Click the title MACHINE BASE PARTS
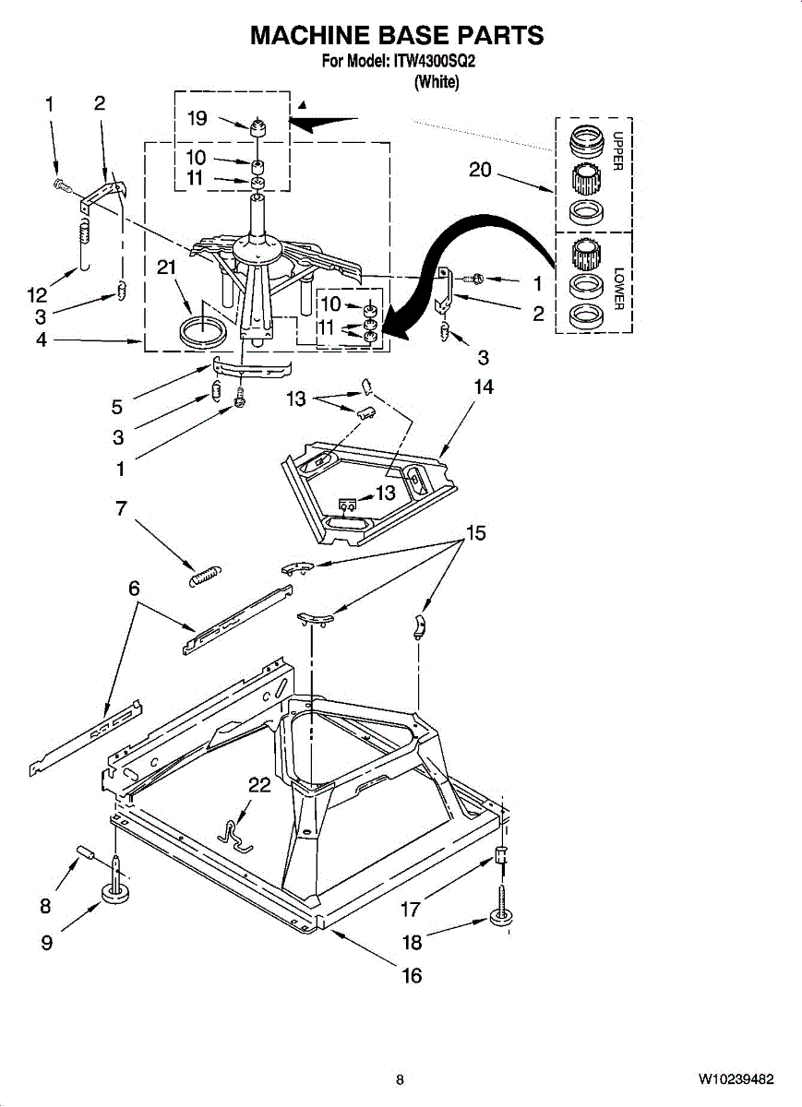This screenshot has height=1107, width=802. click(x=398, y=36)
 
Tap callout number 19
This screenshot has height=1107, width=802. click(x=198, y=118)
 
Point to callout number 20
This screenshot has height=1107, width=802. click(x=481, y=171)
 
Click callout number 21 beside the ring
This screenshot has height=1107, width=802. click(x=166, y=268)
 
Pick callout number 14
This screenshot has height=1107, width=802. click(x=484, y=387)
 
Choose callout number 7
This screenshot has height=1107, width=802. click(x=121, y=508)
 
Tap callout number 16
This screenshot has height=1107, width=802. click(x=412, y=975)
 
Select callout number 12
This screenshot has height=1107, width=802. click(x=37, y=295)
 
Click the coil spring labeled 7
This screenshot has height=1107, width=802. click(x=203, y=576)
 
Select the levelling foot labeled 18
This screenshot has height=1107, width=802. click(x=501, y=916)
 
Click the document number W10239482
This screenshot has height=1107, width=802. click(x=736, y=1079)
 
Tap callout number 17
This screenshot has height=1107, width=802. click(x=411, y=909)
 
